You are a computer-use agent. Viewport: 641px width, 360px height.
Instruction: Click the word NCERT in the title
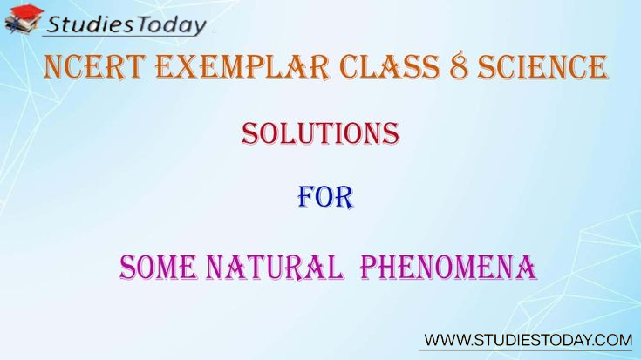(x=94, y=66)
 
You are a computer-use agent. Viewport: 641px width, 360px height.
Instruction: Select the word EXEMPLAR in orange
(x=242, y=66)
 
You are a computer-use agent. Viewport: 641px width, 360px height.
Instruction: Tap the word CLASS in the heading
(x=390, y=66)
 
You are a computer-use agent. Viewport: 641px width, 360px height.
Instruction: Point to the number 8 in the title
(x=458, y=66)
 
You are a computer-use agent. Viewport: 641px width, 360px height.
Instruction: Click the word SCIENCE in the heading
(x=542, y=66)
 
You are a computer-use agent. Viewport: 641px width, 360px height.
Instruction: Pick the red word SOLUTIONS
(x=321, y=133)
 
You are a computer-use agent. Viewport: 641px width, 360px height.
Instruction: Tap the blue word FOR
(x=325, y=198)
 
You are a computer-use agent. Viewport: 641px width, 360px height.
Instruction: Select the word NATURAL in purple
(x=275, y=268)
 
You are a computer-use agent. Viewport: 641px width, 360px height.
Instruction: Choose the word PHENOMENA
(x=448, y=268)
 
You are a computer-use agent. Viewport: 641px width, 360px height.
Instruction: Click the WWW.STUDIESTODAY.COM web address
(x=528, y=340)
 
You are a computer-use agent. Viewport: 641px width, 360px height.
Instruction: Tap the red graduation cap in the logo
(x=26, y=12)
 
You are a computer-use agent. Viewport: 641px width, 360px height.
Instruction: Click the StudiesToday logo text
(x=126, y=24)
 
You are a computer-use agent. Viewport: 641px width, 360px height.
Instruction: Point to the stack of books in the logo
(x=19, y=25)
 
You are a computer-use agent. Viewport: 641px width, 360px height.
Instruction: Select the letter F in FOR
(x=306, y=198)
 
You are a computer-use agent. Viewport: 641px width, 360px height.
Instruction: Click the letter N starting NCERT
(x=53, y=66)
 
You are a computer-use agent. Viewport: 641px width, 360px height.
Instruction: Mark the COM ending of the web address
(x=615, y=340)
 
